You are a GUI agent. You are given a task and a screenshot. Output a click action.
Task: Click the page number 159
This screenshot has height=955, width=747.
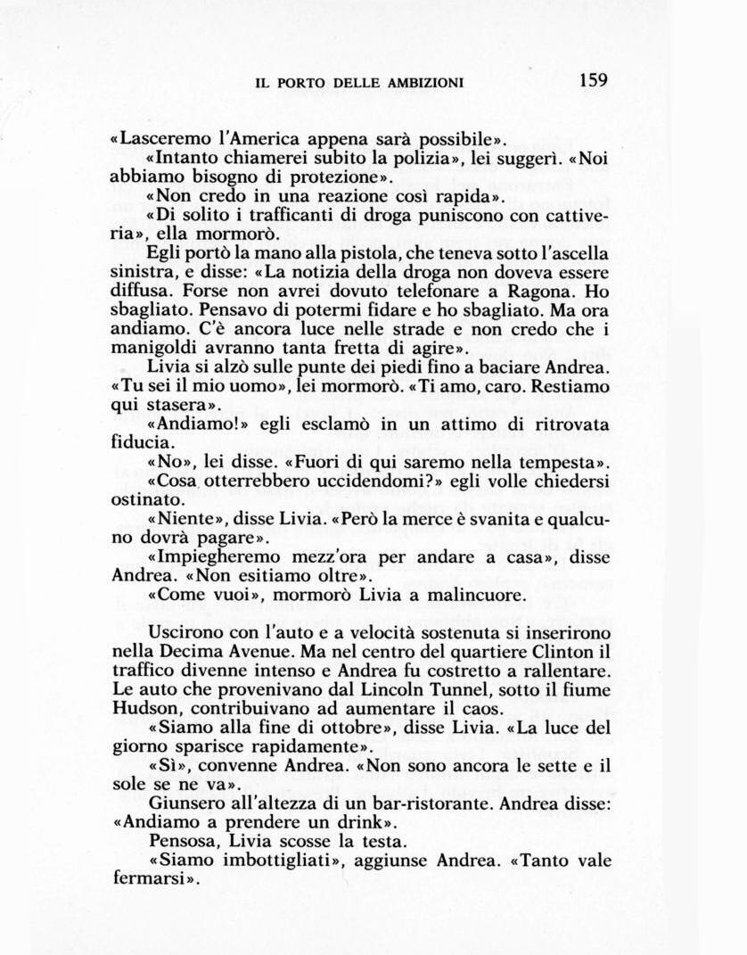(593, 80)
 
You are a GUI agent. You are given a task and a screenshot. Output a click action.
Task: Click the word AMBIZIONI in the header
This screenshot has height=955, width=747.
(425, 83)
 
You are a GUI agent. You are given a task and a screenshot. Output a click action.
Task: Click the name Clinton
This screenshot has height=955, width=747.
(558, 652)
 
